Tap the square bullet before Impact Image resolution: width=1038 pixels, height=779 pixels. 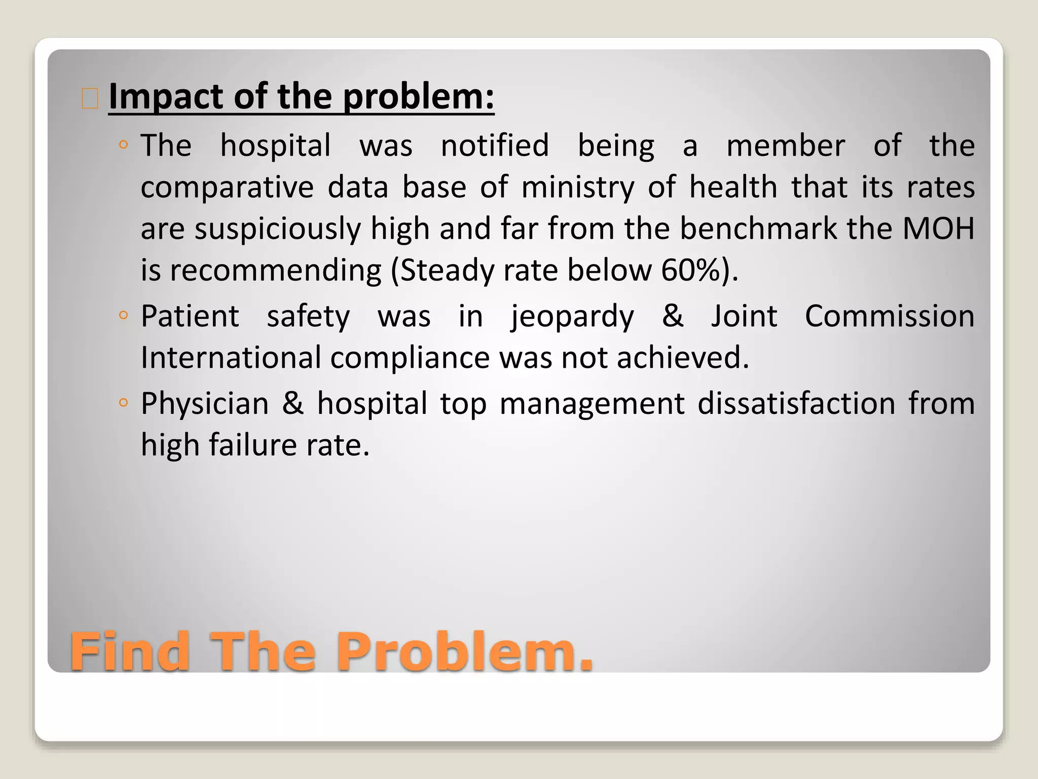click(90, 98)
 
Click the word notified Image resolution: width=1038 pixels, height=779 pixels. click(495, 146)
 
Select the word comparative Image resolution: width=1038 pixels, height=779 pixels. click(227, 187)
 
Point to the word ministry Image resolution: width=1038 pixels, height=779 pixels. click(578, 187)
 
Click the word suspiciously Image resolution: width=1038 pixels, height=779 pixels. click(277, 229)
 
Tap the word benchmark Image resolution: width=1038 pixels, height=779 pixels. click(758, 229)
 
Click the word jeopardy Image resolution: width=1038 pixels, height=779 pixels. click(572, 316)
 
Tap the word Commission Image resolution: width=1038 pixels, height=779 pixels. click(889, 316)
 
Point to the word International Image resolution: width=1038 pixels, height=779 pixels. click(231, 358)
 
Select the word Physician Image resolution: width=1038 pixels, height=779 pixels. click(205, 404)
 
